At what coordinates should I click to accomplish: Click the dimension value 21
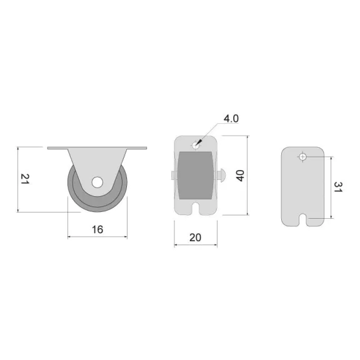(25, 179)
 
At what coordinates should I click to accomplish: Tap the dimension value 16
(97, 229)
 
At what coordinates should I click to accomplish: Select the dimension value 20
(196, 237)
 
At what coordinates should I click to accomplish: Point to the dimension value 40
(240, 176)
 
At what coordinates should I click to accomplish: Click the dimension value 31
(338, 187)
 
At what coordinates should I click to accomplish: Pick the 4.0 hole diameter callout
(231, 119)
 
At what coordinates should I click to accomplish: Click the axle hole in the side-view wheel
(97, 182)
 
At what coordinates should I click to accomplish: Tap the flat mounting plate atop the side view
(97, 148)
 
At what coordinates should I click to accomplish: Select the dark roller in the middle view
(196, 175)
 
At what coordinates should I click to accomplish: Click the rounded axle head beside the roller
(222, 175)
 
